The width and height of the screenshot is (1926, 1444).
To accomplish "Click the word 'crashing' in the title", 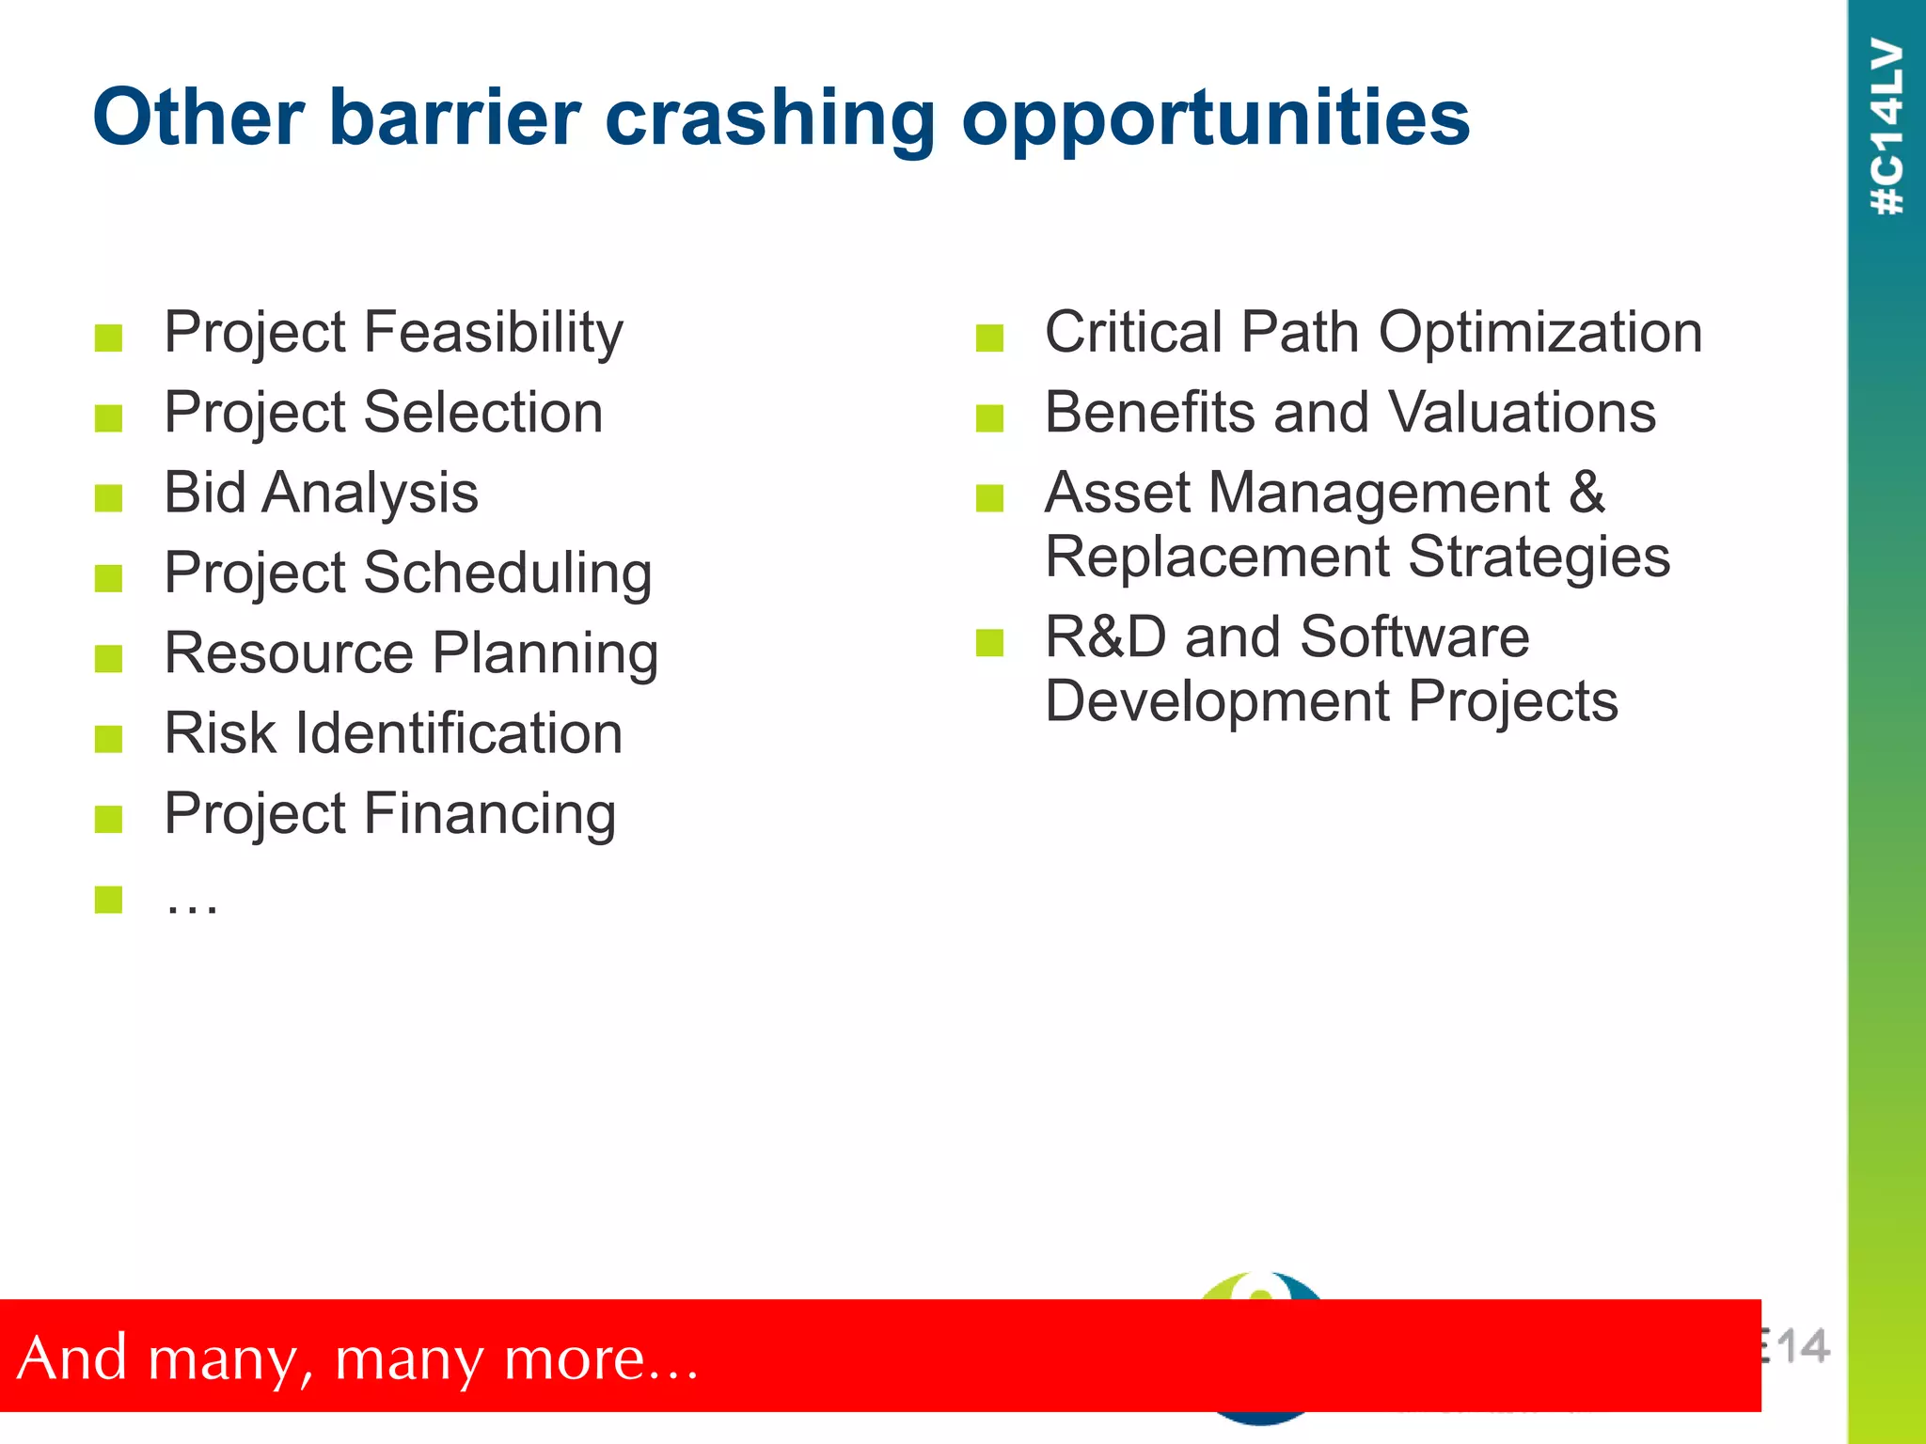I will point(769,118).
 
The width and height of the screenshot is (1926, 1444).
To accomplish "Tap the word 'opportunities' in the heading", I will point(1215,118).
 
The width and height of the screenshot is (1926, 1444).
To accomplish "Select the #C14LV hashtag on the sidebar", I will point(1887,127).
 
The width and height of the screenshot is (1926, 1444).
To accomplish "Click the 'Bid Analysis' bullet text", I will point(321,493).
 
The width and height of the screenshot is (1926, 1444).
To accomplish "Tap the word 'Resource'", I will point(289,653).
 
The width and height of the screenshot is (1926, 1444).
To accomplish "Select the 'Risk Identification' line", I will point(393,733).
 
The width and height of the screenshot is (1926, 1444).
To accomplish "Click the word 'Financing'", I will point(489,814).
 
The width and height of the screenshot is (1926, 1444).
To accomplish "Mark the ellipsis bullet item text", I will point(192,903).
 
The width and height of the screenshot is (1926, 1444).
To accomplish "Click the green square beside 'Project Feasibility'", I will point(109,337).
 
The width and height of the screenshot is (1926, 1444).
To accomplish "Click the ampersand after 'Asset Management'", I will point(1587,493).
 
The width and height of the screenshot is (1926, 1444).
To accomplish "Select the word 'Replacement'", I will point(1217,557).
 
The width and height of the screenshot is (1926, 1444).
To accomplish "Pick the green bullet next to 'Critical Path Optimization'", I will point(989,337).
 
